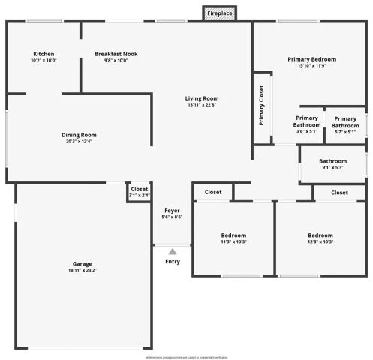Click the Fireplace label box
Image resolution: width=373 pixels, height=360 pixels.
pos(220,13)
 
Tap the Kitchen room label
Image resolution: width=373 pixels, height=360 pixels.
pos(44,54)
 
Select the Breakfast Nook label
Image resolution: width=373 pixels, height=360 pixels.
pos(116,54)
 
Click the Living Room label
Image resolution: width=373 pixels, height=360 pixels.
pos(202,98)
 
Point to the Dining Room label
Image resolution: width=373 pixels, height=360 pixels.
pos(79,135)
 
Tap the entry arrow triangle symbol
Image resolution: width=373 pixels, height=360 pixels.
pos(173,251)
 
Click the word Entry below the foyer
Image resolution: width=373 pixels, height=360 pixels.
pos(173,261)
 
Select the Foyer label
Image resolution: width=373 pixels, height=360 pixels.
pos(172,210)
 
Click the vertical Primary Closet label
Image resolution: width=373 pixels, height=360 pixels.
pos(261,105)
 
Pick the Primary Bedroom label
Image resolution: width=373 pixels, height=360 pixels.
pos(311,58)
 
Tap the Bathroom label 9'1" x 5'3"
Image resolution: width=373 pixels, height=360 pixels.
pos(332,161)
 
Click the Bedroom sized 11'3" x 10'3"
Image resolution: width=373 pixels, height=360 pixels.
pos(233,235)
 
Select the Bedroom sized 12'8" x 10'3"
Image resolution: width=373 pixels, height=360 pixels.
pos(320,235)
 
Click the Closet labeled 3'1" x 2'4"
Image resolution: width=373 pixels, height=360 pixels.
pos(140,189)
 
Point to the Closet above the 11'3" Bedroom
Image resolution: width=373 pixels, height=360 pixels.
pos(213,193)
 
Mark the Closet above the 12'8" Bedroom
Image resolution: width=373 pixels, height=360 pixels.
pos(339,193)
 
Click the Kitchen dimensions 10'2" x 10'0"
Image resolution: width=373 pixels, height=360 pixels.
pos(44,61)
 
